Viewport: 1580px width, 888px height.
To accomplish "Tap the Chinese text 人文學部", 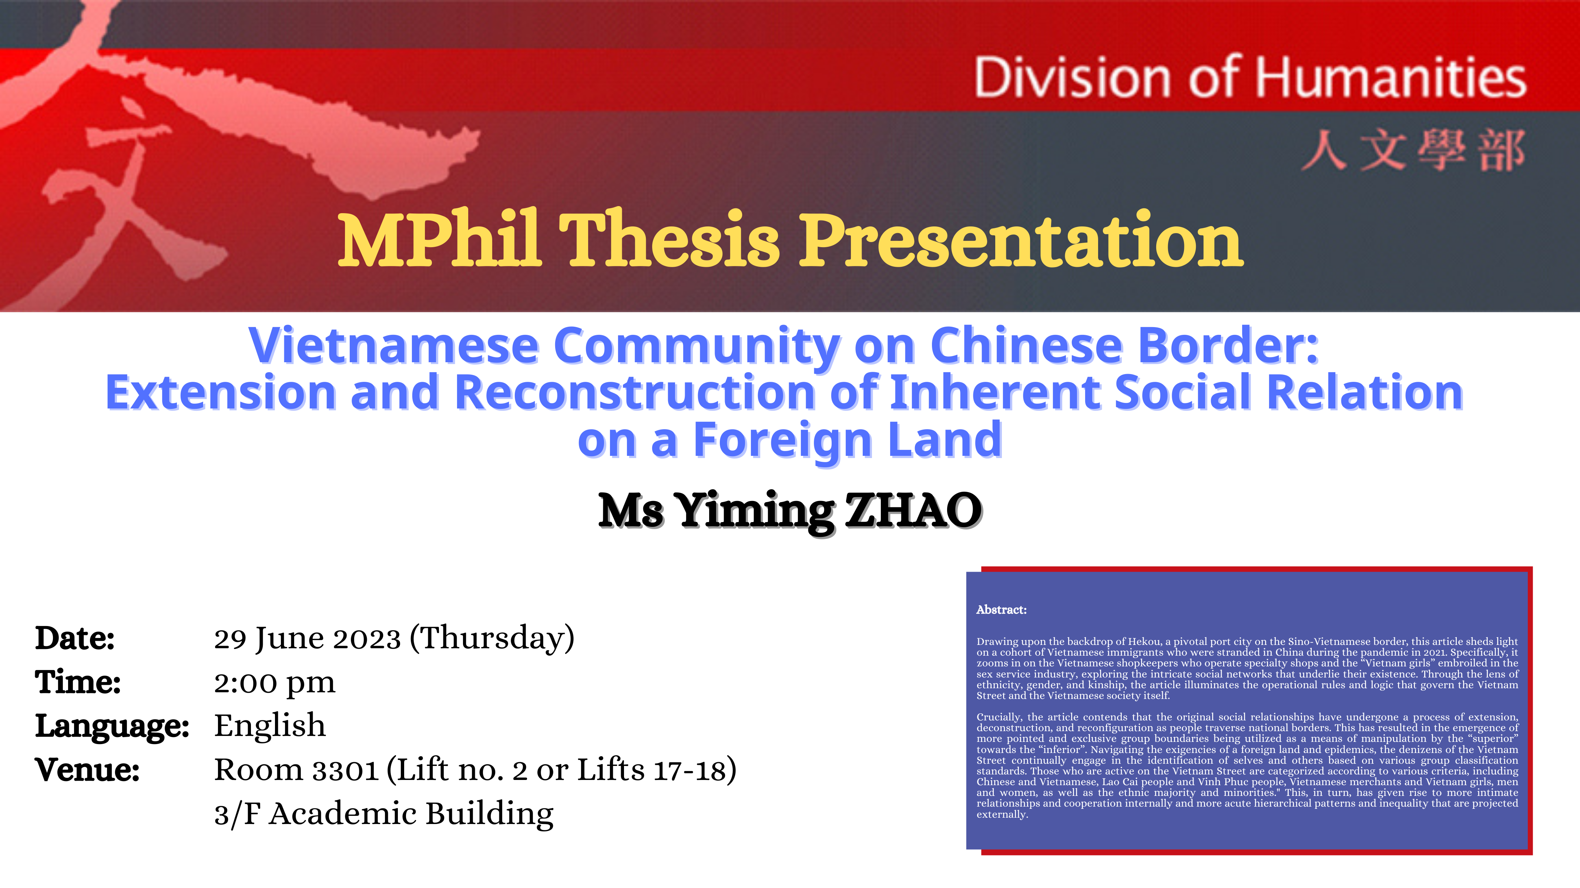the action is coord(1413,150).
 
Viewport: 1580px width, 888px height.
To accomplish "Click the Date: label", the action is coord(75,638).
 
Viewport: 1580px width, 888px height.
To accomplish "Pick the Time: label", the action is coord(78,682).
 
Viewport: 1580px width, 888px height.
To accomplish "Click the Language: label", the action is coord(112,727).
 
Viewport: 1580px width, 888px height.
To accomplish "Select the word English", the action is coord(270,726).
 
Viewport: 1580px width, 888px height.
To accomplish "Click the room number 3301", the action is coord(346,771).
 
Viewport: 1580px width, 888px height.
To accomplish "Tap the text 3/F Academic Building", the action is coord(384,814).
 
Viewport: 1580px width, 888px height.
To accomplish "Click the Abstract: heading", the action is coord(1002,610).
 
